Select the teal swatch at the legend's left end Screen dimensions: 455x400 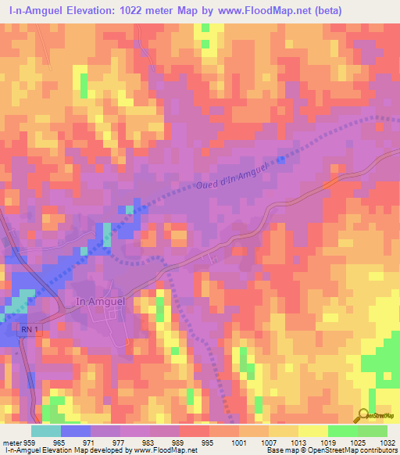(46, 431)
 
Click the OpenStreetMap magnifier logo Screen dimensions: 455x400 (363, 414)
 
